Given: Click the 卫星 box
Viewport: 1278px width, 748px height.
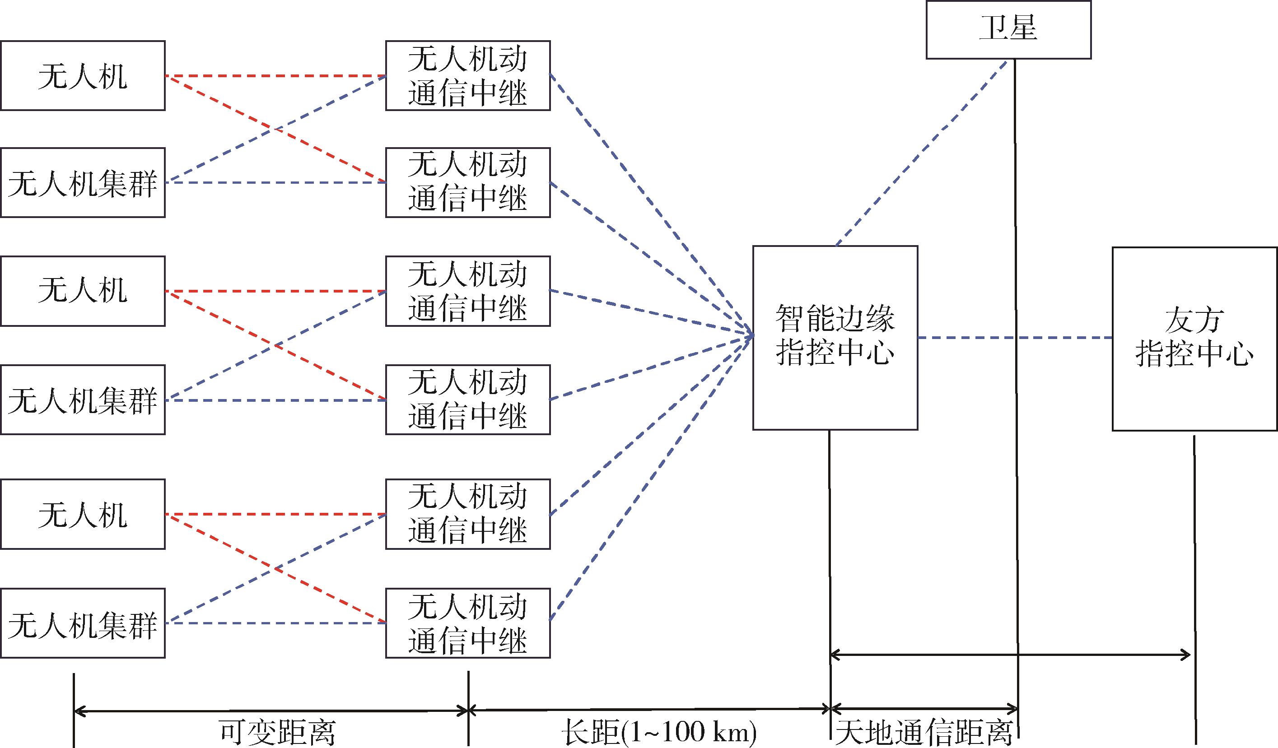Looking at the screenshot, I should (x=1008, y=29).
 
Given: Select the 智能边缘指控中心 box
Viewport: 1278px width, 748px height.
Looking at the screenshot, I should (x=835, y=338).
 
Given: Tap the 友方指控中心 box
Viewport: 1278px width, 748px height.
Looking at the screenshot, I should (x=1194, y=339).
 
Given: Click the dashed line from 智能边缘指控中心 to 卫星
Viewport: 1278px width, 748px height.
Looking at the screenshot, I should (x=920, y=152).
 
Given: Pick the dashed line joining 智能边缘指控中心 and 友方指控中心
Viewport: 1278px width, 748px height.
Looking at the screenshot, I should (x=1014, y=338).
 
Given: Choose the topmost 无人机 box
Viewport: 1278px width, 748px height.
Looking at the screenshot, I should (x=83, y=75).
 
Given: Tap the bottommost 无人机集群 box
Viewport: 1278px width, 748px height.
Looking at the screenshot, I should (x=83, y=623).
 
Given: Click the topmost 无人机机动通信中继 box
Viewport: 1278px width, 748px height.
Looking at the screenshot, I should (x=467, y=75).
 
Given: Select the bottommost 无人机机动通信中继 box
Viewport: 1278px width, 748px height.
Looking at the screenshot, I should (x=467, y=623).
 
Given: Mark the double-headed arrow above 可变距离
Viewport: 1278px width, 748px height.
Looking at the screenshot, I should (x=271, y=711).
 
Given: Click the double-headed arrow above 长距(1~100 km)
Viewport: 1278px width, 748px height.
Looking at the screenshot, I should (x=649, y=710).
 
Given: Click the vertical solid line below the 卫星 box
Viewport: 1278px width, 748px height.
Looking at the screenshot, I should (x=1016, y=355).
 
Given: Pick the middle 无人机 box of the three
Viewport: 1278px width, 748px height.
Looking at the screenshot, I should (x=83, y=291).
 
